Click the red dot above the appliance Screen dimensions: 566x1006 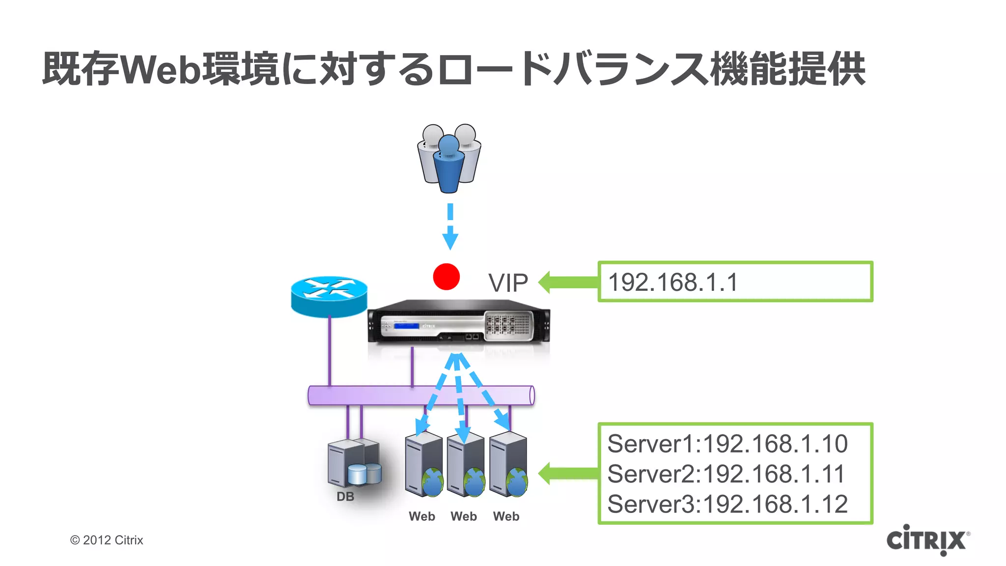point(446,277)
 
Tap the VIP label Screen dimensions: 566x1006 point(508,283)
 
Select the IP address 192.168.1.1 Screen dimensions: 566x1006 point(673,283)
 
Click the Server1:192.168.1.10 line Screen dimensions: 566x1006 point(727,444)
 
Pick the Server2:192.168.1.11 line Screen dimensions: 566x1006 point(726,474)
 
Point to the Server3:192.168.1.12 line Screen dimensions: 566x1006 point(727,505)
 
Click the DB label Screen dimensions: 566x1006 point(345,497)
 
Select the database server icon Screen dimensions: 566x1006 point(353,462)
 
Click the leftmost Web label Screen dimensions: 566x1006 point(422,516)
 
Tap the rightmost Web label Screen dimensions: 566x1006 point(506,516)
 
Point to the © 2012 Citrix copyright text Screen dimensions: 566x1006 point(107,540)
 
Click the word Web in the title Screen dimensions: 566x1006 point(161,69)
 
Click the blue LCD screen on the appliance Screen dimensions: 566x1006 point(406,326)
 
